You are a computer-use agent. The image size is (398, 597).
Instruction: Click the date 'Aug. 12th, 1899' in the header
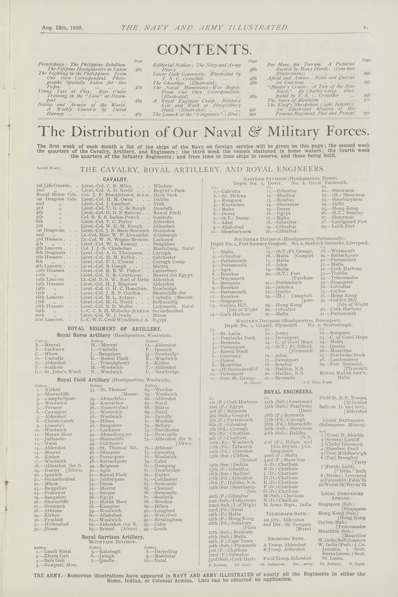[63, 28]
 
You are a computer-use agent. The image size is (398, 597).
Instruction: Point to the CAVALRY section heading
[115, 180]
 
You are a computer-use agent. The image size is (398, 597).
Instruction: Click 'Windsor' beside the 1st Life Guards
[163, 186]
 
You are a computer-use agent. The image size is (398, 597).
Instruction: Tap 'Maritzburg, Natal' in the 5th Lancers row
[173, 248]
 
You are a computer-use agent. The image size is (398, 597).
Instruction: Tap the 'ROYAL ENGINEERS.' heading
[288, 392]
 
